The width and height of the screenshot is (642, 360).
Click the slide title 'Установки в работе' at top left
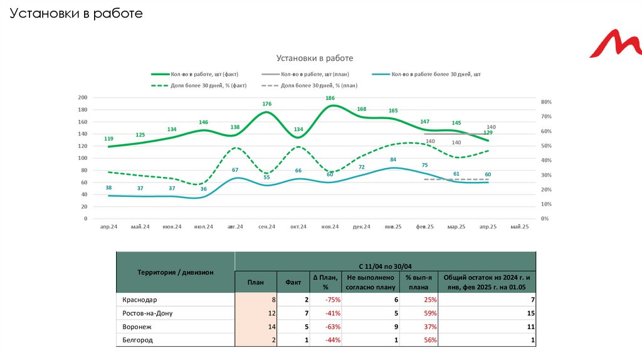(x=76, y=13)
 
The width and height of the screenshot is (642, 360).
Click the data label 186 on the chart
(x=330, y=98)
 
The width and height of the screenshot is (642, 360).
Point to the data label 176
(x=267, y=103)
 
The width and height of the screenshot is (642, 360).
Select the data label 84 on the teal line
(x=393, y=159)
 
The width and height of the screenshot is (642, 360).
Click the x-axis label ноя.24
(x=330, y=226)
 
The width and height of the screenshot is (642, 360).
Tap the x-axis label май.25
(x=520, y=226)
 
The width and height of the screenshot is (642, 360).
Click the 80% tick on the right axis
(x=545, y=102)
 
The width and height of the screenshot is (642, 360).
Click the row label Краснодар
(x=140, y=300)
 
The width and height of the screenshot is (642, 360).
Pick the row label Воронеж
(x=137, y=327)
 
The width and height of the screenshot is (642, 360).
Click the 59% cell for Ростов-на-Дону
(x=430, y=313)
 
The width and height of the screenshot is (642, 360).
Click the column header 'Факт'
(x=293, y=282)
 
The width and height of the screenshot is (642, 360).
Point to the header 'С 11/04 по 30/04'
(x=385, y=266)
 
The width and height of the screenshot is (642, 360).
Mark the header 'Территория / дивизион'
(x=176, y=272)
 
